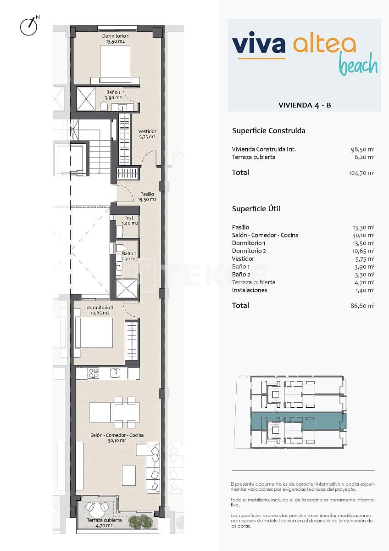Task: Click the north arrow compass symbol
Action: coord(28,27)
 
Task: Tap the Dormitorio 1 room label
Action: coord(115,38)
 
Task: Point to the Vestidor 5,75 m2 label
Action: coord(147,134)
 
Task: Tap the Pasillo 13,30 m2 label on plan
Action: coord(147,197)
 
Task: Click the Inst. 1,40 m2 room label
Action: coord(130,220)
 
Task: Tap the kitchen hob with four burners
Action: coord(94,373)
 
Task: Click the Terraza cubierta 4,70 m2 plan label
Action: coord(105,523)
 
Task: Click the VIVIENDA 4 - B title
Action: coord(305,105)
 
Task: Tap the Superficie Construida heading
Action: coord(268,131)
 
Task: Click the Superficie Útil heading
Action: coord(256,209)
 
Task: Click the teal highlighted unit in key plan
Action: coord(298,420)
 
